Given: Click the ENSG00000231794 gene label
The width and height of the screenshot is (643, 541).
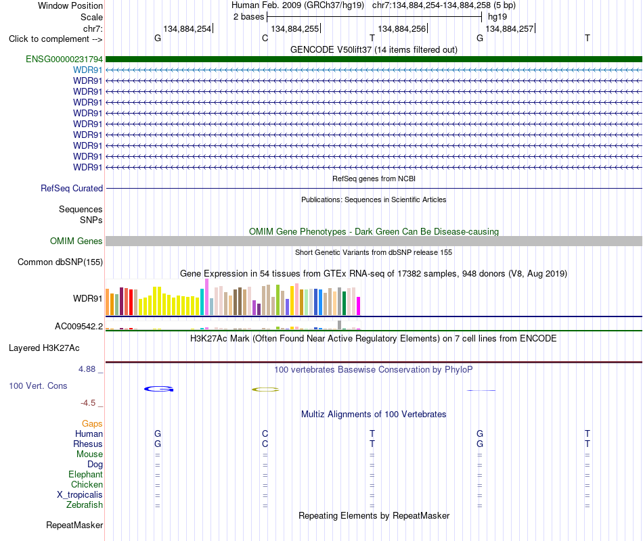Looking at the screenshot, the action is coord(64,59).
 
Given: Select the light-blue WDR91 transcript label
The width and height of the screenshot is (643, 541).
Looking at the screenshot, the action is coord(88,70).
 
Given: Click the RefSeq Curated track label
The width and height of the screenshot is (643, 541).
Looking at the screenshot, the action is coord(72,188).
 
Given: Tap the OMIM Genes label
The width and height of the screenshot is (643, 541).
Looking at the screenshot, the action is coord(76,241).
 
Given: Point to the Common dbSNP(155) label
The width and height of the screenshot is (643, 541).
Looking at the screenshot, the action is coord(60,262).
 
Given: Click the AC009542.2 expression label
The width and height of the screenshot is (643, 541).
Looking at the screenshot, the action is coord(79,326).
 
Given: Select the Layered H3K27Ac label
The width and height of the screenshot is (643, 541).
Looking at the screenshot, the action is coord(44,348).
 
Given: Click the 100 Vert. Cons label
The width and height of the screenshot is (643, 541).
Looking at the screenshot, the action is coord(38,385).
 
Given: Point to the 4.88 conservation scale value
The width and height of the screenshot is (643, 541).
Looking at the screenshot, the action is coord(87,369).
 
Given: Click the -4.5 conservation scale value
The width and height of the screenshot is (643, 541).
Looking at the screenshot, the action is coord(88,403).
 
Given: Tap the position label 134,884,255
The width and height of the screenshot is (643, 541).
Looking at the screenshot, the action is coord(295,28).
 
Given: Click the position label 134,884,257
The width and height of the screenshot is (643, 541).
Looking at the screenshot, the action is coord(510,28).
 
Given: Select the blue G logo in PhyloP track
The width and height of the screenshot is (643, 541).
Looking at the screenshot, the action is coord(158,389).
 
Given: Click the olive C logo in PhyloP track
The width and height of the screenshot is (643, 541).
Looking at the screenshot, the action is coord(265,390).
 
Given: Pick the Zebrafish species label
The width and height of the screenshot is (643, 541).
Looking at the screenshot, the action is coord(85,505).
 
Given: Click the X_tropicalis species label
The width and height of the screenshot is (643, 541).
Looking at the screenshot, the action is coord(80,495).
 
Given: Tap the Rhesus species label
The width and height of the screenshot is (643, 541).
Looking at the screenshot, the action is coord(88,444).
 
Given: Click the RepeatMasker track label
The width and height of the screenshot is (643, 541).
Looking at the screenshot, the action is coord(74,525).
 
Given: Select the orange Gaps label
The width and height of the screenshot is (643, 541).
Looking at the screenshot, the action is coord(92,424).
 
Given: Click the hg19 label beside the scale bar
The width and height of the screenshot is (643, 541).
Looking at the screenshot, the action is coord(497,17).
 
